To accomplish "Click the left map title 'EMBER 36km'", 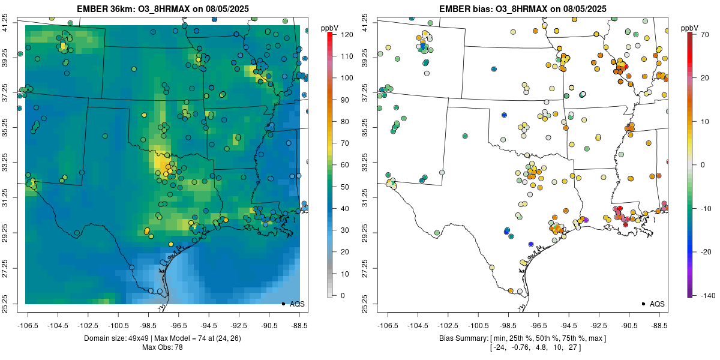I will click(x=106, y=9).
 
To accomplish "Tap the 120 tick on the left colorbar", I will click(x=347, y=35).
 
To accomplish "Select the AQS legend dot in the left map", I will click(x=283, y=304).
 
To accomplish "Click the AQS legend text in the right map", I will click(x=657, y=304).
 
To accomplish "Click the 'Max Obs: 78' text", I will click(x=162, y=347).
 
